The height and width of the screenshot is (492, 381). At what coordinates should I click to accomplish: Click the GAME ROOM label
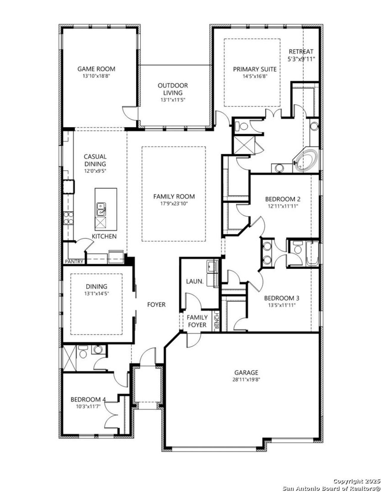click(x=96, y=69)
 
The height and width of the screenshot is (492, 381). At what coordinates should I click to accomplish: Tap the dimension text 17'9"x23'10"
click(x=174, y=204)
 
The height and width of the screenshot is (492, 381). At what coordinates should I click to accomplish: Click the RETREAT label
click(x=301, y=51)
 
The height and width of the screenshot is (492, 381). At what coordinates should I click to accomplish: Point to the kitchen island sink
click(x=101, y=209)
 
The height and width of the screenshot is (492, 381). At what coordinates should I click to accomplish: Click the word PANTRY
click(x=74, y=262)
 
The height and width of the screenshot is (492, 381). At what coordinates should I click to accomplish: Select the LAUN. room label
click(x=195, y=281)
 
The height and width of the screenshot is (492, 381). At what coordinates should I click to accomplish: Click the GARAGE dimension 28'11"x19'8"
click(x=246, y=379)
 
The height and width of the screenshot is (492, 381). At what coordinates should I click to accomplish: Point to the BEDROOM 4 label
click(x=88, y=399)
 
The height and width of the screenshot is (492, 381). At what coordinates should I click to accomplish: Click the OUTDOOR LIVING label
click(x=173, y=89)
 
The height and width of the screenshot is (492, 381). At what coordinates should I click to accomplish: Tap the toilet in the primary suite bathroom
click(x=242, y=127)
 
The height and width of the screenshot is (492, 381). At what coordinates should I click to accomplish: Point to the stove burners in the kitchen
click(x=68, y=218)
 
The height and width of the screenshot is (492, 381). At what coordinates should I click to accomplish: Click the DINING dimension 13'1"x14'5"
click(x=96, y=294)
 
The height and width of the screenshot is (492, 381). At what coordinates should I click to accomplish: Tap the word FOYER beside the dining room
click(x=156, y=305)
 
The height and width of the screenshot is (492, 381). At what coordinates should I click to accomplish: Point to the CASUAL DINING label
click(x=95, y=160)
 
